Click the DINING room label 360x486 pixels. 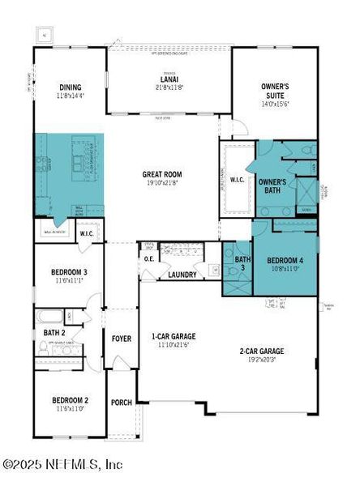point(71,87)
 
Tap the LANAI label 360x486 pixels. point(169,79)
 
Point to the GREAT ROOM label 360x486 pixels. point(162,174)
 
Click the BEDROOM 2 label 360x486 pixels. point(70,400)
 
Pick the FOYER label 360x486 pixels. point(121,338)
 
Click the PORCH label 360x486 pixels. point(121,402)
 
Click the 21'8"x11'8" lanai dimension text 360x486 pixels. point(169,87)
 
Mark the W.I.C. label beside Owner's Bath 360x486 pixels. point(238,179)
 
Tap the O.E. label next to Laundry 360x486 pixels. point(149,259)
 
